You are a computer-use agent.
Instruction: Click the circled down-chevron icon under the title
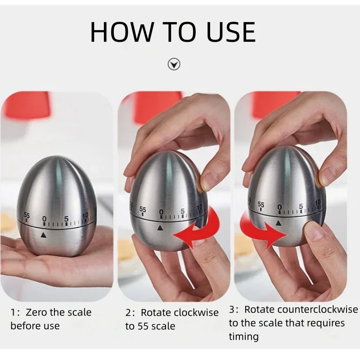[174, 65]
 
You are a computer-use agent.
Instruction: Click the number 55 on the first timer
[27, 216]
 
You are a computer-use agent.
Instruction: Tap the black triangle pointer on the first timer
[44, 234]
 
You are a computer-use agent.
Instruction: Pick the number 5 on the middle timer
[182, 211]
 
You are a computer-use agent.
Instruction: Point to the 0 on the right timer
[279, 207]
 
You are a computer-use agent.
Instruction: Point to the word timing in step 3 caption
[243, 336]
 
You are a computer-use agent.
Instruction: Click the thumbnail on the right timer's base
[315, 231]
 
